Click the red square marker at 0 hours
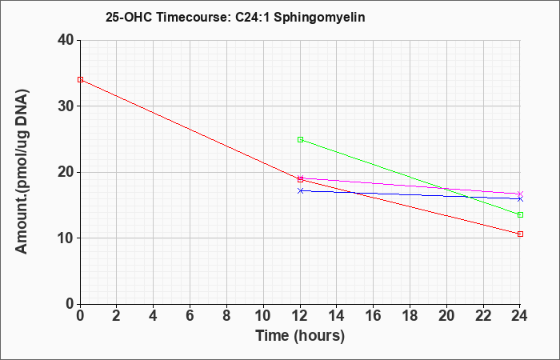(80, 80)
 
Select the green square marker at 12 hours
(300, 140)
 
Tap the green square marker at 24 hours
(520, 214)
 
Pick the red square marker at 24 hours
(520, 234)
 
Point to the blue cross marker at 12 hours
(300, 190)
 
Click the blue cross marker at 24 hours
(520, 199)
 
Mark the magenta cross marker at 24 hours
(520, 194)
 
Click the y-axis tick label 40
(66, 40)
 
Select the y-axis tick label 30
(66, 106)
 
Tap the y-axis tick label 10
(66, 238)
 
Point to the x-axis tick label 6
(190, 316)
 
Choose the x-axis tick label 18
(410, 316)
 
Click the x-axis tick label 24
(519, 316)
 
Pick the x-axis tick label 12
(300, 316)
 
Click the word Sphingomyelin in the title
(319, 18)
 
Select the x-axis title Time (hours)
(300, 336)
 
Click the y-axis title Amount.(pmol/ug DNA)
(22, 172)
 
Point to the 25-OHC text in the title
(129, 17)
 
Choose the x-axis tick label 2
(117, 316)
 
